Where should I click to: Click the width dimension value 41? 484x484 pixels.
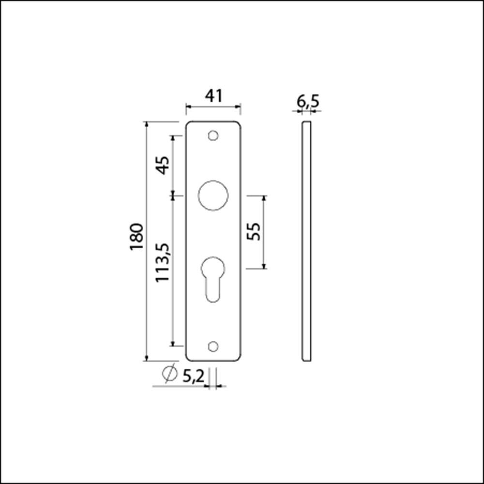click(x=213, y=96)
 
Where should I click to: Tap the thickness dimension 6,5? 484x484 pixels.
click(x=307, y=102)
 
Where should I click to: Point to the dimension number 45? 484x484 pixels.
click(x=163, y=166)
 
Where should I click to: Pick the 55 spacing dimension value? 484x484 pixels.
click(x=254, y=231)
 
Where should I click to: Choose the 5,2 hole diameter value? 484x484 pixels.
click(x=193, y=376)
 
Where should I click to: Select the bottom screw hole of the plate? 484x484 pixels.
click(x=212, y=346)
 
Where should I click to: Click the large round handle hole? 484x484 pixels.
click(x=213, y=196)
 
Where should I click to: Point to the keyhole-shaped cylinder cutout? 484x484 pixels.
click(x=213, y=277)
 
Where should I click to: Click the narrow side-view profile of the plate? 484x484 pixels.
click(x=306, y=242)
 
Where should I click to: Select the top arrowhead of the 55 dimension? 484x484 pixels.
click(x=264, y=199)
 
